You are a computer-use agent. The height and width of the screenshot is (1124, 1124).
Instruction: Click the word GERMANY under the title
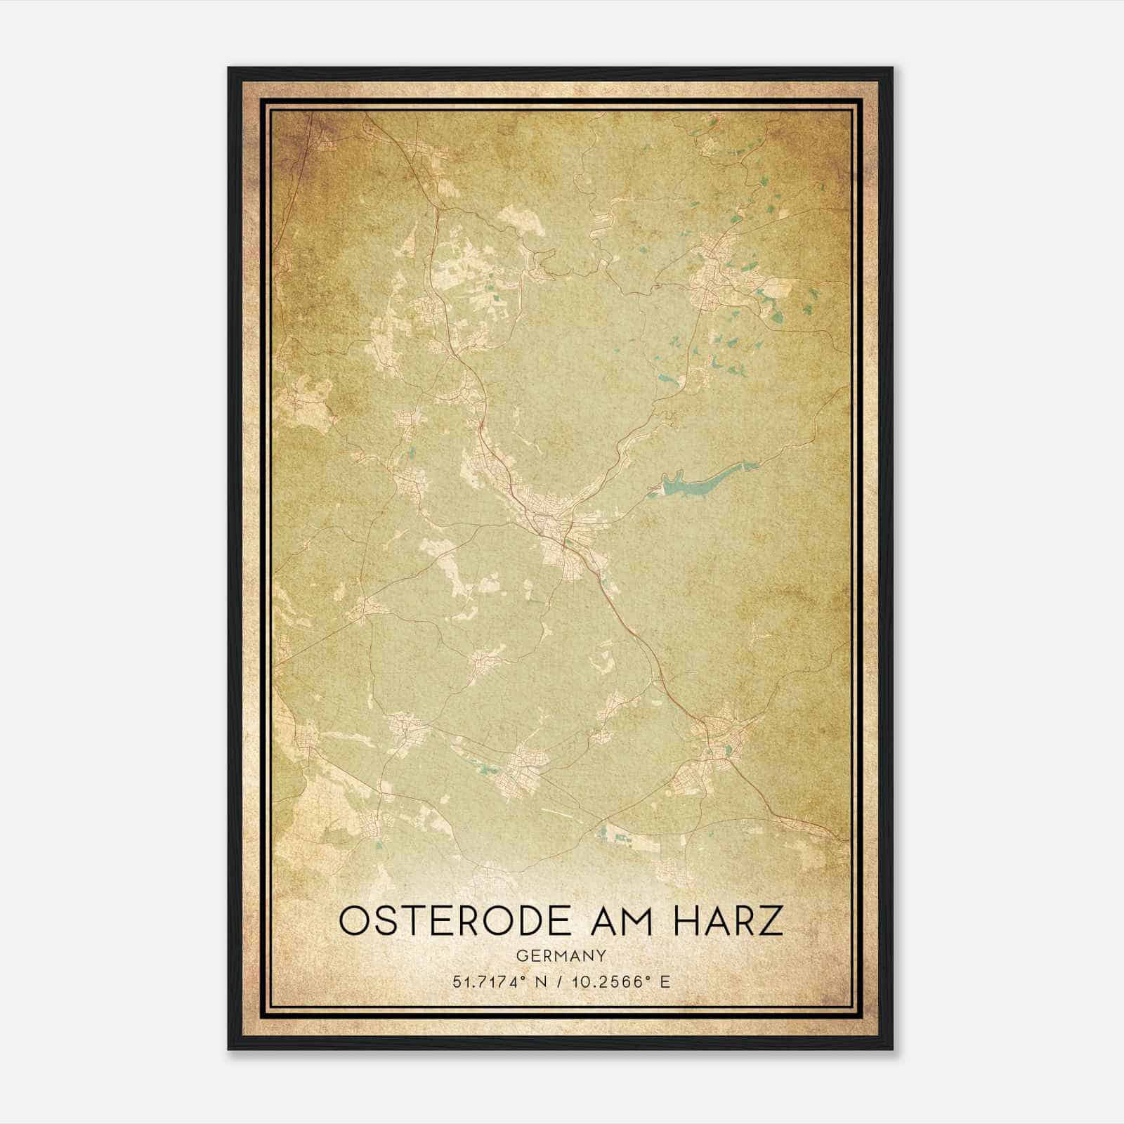(x=561, y=955)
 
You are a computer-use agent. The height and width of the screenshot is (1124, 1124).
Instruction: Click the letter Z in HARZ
(x=771, y=921)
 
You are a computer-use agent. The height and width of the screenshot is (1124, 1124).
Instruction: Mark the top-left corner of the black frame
(x=229, y=69)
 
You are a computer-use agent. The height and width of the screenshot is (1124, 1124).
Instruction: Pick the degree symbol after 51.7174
(x=523, y=978)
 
